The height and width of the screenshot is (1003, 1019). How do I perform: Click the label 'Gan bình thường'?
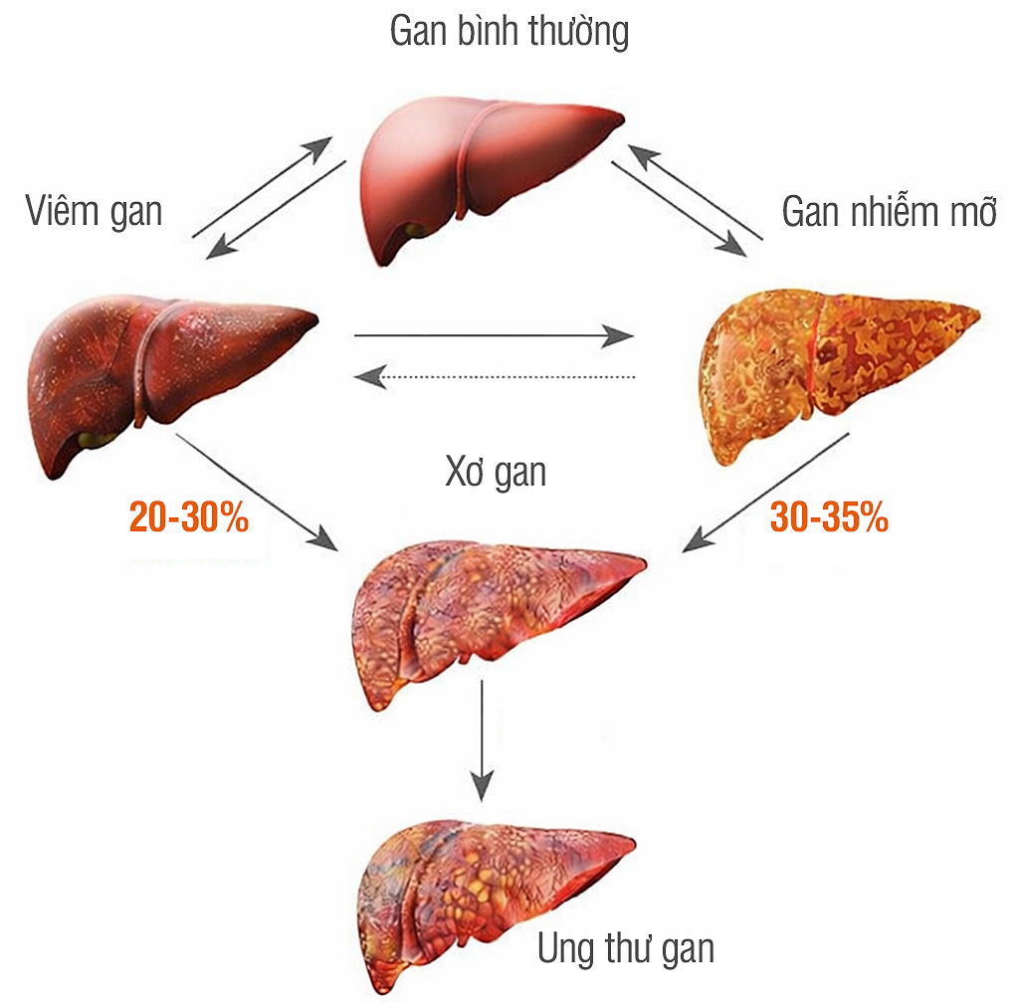click(x=509, y=33)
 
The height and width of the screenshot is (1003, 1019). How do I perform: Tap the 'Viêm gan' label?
click(x=94, y=211)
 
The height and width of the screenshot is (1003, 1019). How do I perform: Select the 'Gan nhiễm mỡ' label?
click(x=889, y=211)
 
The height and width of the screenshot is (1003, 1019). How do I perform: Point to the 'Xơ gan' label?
click(x=496, y=472)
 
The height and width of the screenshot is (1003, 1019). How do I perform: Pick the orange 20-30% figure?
click(x=189, y=517)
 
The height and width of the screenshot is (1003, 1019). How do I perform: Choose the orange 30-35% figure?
click(x=829, y=517)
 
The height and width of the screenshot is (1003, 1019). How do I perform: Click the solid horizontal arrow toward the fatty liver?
click(x=495, y=336)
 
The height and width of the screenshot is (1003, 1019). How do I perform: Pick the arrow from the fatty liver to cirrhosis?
click(x=766, y=493)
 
